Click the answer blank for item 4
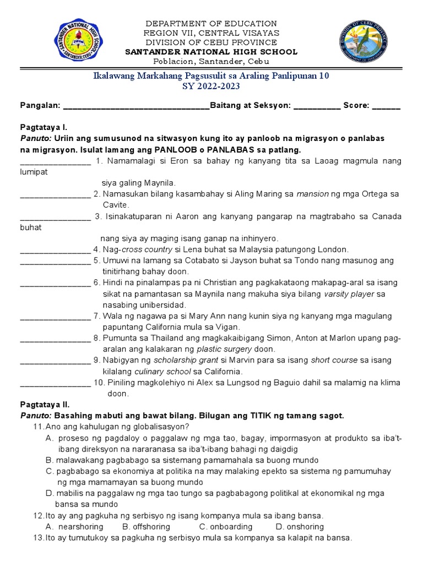click(x=55, y=250)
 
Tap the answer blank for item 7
click(x=55, y=316)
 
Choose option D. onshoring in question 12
click(x=302, y=527)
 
